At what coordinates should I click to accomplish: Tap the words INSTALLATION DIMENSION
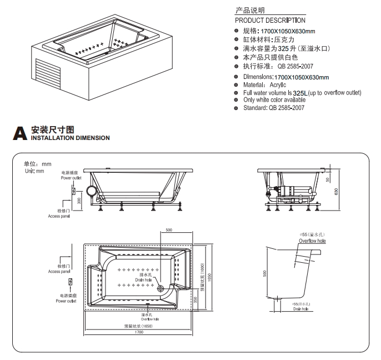(70, 138)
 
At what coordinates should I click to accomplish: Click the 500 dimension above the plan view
(169, 229)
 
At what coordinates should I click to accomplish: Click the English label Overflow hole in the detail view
(312, 242)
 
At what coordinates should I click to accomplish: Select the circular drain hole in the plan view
(162, 289)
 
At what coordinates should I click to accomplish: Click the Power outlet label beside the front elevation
(71, 178)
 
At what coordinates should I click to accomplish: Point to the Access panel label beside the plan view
(59, 272)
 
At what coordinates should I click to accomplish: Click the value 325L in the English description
(300, 92)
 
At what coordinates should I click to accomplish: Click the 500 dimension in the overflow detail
(265, 273)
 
